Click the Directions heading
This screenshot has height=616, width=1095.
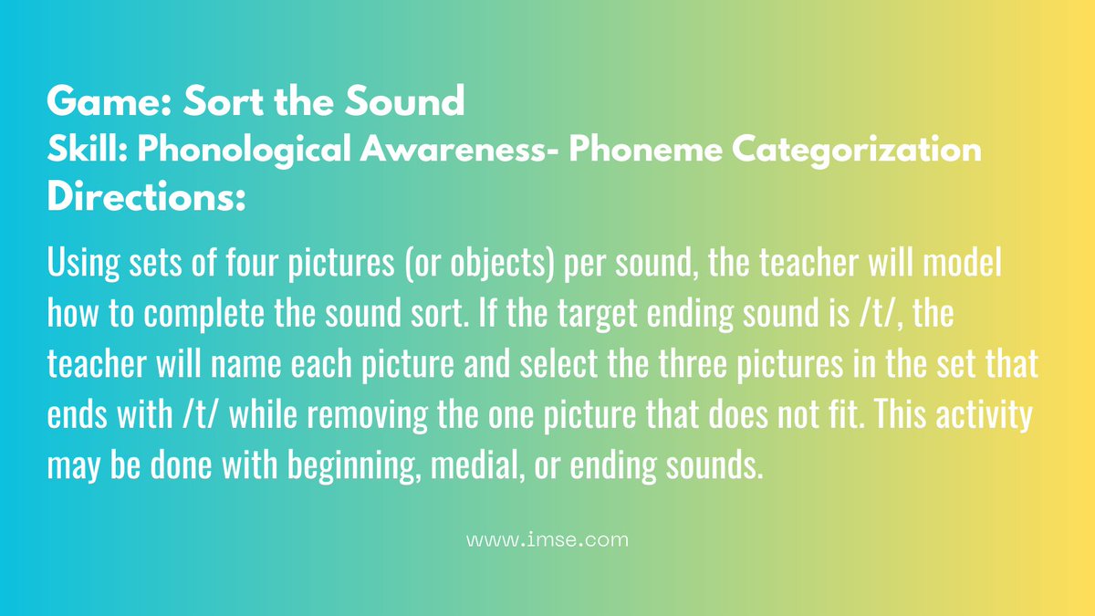click(x=146, y=198)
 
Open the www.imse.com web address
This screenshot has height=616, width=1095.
click(x=547, y=539)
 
